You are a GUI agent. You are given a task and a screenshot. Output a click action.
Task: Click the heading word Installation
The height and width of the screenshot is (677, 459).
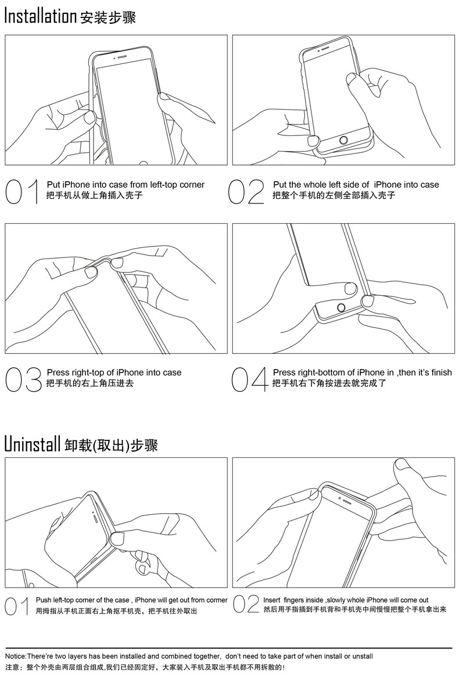(x=41, y=15)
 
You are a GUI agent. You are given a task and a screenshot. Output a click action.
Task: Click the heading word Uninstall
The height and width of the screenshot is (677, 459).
(x=32, y=443)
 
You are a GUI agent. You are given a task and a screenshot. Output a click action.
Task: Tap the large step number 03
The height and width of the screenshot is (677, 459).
(x=23, y=379)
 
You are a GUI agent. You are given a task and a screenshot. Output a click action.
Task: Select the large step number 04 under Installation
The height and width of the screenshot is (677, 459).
(x=250, y=379)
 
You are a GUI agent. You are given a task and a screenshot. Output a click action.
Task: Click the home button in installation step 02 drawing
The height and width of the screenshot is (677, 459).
(x=344, y=140)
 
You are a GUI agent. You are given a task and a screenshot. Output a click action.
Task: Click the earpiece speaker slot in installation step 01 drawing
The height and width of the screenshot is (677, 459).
(x=122, y=56)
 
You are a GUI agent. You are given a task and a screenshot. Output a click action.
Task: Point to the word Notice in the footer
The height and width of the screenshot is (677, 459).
(x=16, y=656)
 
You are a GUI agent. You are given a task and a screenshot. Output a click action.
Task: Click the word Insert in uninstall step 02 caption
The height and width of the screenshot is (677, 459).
(x=272, y=600)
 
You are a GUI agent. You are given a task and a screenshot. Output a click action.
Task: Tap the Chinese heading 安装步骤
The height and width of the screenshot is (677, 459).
(x=109, y=17)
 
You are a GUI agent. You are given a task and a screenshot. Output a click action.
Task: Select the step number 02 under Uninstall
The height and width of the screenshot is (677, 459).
(x=246, y=604)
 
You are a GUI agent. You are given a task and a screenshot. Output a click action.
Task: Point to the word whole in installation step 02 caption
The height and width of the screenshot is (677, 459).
(x=314, y=185)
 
